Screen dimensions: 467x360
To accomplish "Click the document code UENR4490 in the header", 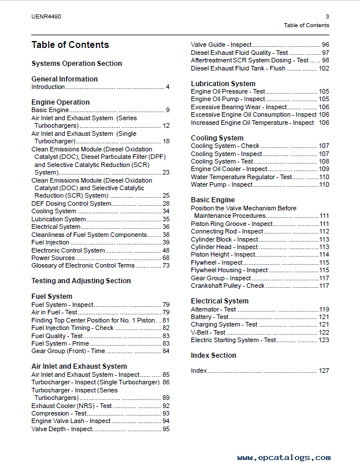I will (46, 17).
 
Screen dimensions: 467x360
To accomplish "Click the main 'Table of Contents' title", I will (70, 45).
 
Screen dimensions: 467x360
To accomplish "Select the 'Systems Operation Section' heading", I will (76, 64).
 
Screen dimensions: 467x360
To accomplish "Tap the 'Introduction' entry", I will (48, 87).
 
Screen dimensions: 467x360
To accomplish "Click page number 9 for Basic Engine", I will (167, 110).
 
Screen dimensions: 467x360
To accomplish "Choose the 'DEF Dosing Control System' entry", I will (71, 203).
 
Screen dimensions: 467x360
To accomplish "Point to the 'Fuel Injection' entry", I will (50, 243).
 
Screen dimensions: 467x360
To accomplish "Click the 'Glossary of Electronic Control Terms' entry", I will (83, 266).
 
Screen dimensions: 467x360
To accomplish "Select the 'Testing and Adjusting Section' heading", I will (81, 281).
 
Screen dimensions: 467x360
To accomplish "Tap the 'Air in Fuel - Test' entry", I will (54, 312).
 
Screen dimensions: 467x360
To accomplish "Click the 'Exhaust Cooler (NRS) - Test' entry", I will (72, 406).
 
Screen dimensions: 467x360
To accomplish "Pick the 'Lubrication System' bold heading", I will (223, 84).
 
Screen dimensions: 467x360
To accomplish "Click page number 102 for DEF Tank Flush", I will (324, 68).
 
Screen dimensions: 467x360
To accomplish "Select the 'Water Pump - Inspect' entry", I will (222, 185).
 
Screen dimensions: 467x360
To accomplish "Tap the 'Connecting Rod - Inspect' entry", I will (227, 231).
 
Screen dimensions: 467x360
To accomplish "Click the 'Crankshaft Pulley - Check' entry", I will (228, 286).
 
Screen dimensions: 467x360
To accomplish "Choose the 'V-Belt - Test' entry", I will (208, 332).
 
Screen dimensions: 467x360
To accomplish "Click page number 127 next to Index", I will (324, 370).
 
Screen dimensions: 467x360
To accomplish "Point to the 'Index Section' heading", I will (213, 355).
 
